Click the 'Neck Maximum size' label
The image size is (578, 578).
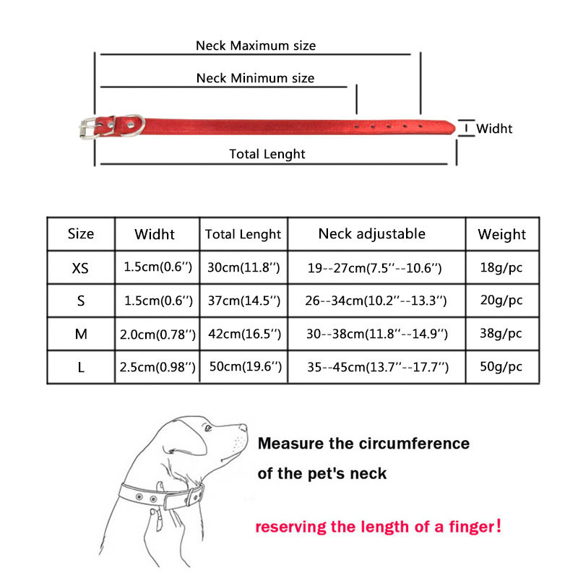[x=256, y=46]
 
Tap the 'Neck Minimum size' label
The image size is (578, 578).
[x=255, y=78]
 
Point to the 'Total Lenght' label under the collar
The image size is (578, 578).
[x=267, y=154]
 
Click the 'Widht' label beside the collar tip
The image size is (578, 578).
[x=494, y=129]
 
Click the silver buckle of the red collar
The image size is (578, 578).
[x=88, y=128]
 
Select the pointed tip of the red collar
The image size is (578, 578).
[x=454, y=128]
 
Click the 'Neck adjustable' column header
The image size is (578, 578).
[x=372, y=233]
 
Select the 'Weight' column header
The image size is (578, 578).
[x=501, y=234]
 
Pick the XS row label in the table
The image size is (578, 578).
[x=80, y=268]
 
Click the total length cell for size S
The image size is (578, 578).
[x=244, y=301]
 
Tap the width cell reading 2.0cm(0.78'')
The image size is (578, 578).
[x=158, y=335]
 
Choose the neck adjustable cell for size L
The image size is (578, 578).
[x=378, y=367]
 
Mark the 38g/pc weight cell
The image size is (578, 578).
[x=501, y=334]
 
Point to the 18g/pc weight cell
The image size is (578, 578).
[x=501, y=267]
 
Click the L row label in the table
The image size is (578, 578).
[x=81, y=368]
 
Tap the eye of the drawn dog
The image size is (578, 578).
[x=208, y=428]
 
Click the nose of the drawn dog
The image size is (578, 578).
[x=243, y=428]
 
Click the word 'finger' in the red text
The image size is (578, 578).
[x=472, y=527]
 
